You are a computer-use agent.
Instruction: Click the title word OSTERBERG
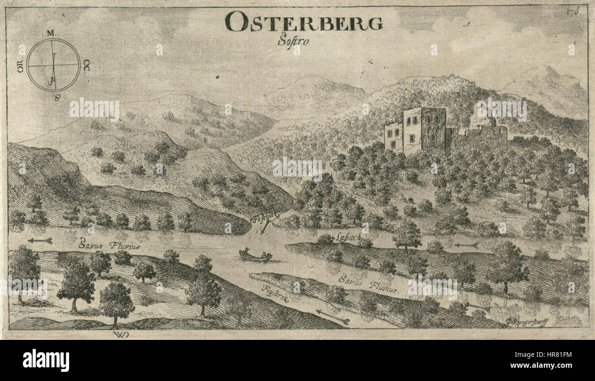(304, 22)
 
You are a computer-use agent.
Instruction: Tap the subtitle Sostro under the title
(293, 41)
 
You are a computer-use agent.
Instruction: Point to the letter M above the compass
(51, 33)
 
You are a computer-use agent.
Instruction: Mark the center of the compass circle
(53, 65)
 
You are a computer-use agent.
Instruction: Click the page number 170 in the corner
(580, 11)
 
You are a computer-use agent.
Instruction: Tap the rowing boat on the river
(255, 255)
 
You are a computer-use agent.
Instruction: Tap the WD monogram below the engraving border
(119, 335)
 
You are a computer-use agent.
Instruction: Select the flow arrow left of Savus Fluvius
(40, 240)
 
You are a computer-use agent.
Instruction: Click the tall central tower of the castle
(433, 130)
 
